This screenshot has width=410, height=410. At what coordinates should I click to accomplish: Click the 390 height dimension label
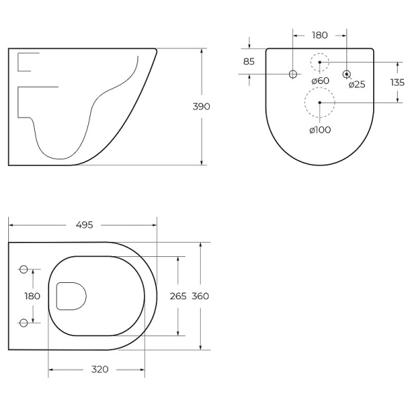(x=201, y=107)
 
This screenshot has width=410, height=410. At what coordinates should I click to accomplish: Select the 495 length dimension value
(x=84, y=225)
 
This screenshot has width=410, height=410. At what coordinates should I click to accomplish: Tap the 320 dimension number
(x=100, y=370)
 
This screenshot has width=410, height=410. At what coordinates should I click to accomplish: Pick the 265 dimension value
(x=178, y=297)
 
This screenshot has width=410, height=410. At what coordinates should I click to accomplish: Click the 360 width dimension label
(x=200, y=297)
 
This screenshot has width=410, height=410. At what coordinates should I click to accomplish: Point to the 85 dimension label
(x=249, y=61)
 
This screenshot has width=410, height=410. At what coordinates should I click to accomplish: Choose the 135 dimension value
(x=398, y=83)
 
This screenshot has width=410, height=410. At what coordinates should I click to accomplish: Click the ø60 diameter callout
(x=320, y=81)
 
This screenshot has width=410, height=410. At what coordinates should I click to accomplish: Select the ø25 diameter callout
(x=357, y=85)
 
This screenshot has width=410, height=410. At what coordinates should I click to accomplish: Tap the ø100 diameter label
(x=320, y=130)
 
